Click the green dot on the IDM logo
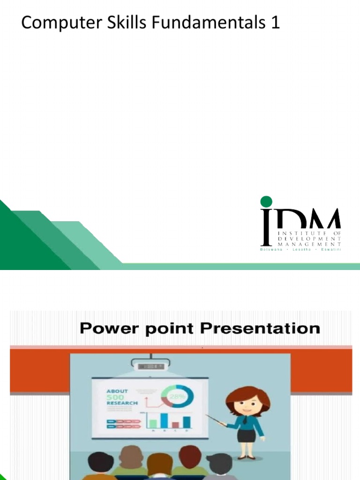pyautogui.click(x=266, y=202)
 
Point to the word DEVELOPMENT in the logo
pyautogui.click(x=309, y=238)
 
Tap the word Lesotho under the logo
pyautogui.click(x=300, y=249)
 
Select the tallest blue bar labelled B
pyautogui.click(x=164, y=420)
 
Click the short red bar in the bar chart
pyautogui.click(x=175, y=424)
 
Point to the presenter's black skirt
pyautogui.click(x=246, y=435)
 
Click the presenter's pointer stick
pyautogui.click(x=216, y=420)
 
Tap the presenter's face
pyautogui.click(x=247, y=403)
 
